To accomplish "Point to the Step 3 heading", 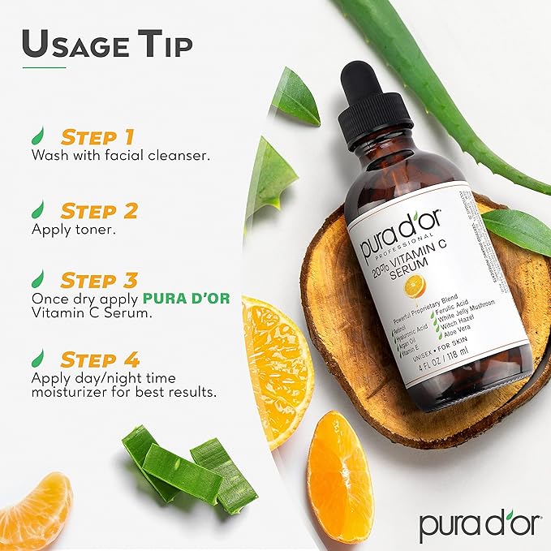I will (99, 281).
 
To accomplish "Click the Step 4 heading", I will (99, 359).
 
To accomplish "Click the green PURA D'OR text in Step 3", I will (186, 298).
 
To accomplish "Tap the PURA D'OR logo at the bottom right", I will (479, 524).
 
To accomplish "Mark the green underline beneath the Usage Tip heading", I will (44, 67).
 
